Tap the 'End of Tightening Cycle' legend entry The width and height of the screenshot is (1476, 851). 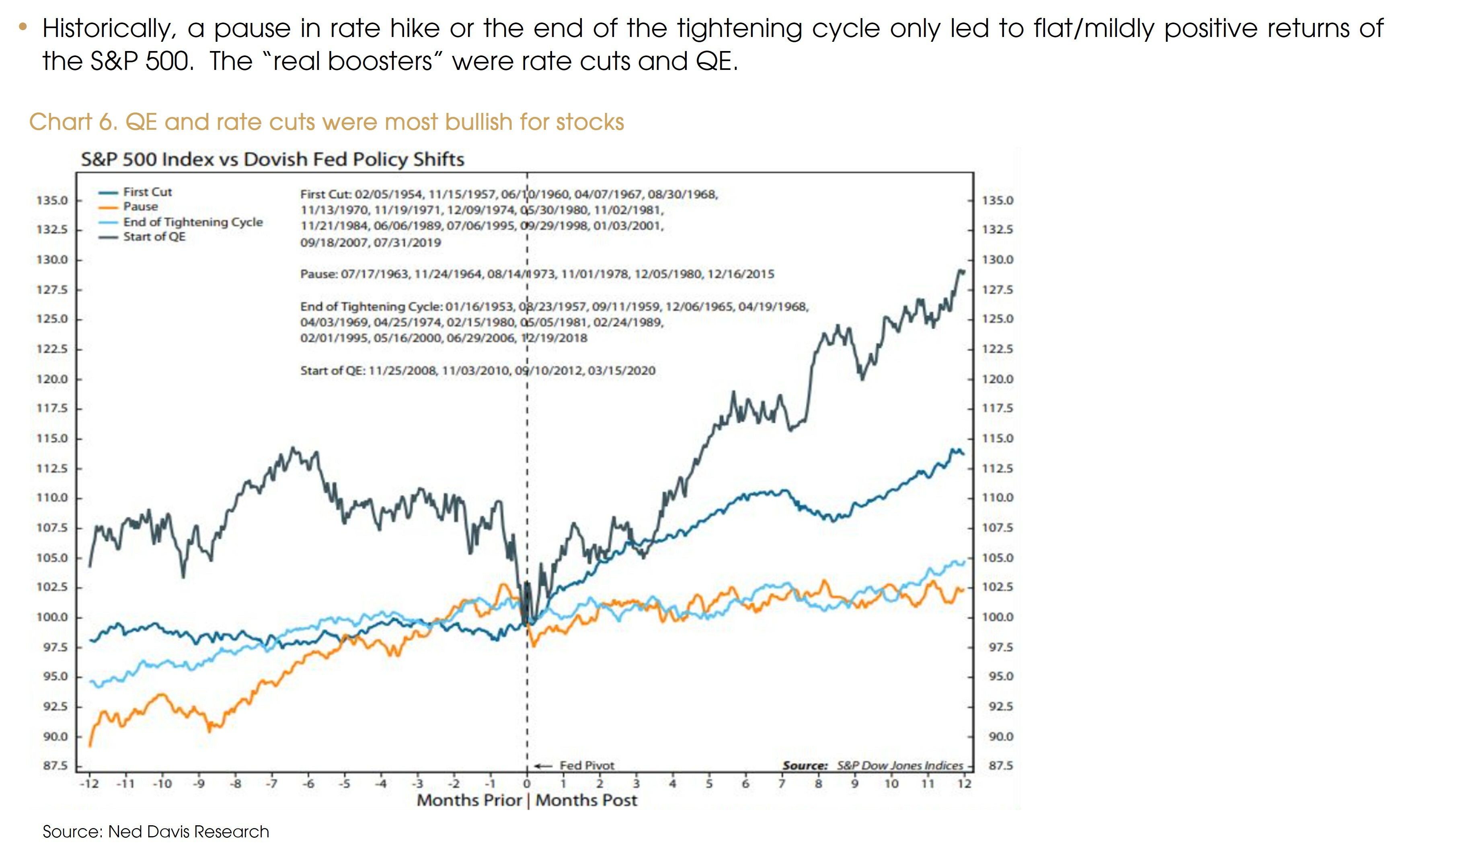coord(193,222)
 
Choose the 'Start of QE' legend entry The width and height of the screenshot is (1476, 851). coord(154,237)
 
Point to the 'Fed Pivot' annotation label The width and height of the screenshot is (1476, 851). coord(587,766)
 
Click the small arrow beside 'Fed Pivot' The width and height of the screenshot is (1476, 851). coord(543,766)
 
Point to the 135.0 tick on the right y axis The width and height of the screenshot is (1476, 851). coord(998,200)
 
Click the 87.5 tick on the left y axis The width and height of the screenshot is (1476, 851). coord(55,766)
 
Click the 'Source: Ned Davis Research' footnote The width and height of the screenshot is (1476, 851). coord(156,832)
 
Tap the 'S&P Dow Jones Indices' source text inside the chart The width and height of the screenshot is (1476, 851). coord(899,766)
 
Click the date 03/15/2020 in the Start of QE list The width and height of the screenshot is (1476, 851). coord(621,370)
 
